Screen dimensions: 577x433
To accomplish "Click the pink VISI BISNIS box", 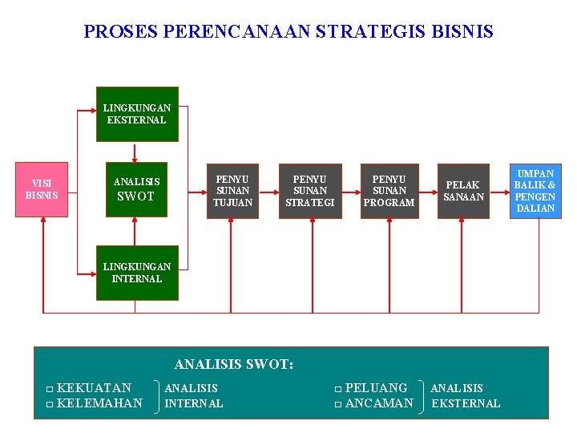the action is (x=42, y=190).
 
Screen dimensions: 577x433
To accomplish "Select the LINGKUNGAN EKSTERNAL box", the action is (x=136, y=114).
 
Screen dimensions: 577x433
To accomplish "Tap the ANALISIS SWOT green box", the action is (x=136, y=190).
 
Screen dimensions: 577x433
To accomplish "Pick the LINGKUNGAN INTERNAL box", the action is (x=136, y=273).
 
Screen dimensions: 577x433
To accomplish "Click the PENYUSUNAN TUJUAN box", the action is (x=232, y=191).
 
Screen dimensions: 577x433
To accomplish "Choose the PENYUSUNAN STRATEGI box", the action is (x=310, y=191).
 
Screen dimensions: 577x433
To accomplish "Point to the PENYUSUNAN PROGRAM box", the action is (x=389, y=191).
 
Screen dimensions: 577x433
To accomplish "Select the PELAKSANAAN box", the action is (x=463, y=191).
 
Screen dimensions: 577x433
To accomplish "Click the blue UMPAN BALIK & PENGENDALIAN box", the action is (x=535, y=191).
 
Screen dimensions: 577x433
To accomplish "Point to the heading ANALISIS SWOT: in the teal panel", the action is (x=234, y=364).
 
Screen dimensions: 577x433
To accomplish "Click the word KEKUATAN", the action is (x=95, y=388).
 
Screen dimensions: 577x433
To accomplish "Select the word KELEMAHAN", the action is (x=100, y=403).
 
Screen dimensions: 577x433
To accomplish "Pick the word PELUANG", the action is (x=376, y=388).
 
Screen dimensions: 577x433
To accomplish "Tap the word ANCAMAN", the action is (x=379, y=403).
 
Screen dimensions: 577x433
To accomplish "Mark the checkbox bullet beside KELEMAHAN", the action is (x=50, y=404).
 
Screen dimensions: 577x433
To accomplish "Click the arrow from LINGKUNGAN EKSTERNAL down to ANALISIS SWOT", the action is (x=135, y=152).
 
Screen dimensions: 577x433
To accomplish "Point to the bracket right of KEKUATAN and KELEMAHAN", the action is (x=155, y=396).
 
